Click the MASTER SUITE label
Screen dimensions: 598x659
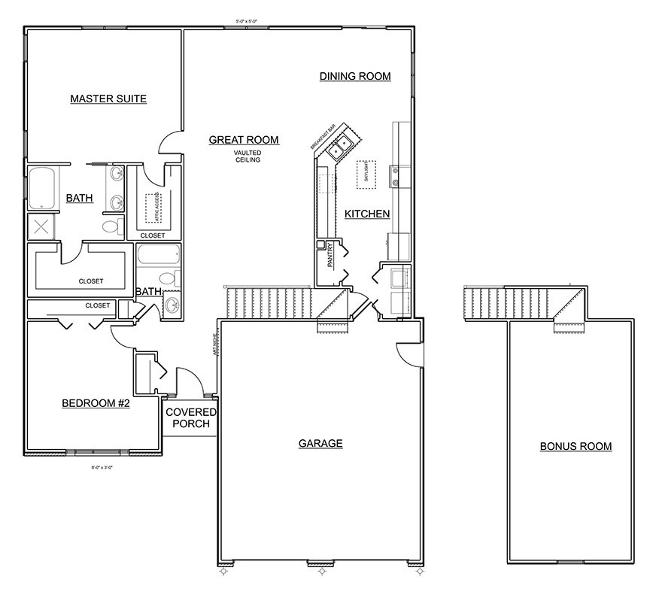point(108,99)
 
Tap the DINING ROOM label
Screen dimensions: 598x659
point(355,76)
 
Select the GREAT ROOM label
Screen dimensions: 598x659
point(244,140)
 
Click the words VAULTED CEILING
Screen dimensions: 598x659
point(247,156)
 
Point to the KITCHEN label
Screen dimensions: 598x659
point(367,214)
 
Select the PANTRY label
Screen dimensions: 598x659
point(329,257)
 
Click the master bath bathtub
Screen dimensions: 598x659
point(42,188)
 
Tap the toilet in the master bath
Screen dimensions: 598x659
point(111,226)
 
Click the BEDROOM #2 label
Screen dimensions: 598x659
point(96,404)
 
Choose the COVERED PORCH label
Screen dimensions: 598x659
point(190,418)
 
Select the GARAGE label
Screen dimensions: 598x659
point(320,443)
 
